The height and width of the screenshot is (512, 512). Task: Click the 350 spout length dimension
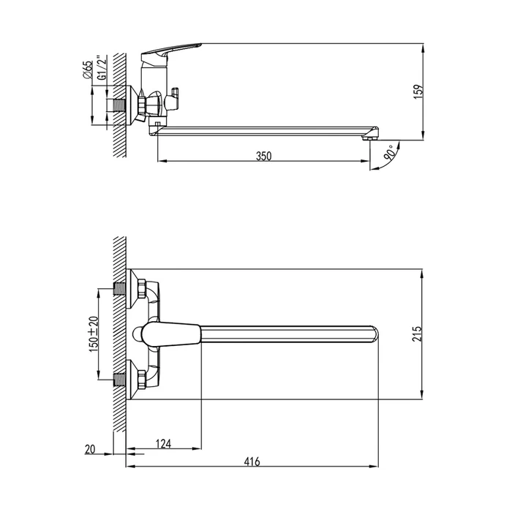(x=263, y=156)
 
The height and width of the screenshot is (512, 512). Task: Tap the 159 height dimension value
(x=418, y=92)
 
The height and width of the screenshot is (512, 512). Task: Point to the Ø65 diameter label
(x=88, y=69)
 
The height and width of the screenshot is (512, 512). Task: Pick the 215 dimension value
(x=417, y=334)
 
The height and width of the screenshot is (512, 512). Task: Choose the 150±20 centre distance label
(x=94, y=334)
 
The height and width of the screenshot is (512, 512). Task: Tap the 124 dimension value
(x=163, y=444)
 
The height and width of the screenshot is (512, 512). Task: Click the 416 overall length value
(x=252, y=462)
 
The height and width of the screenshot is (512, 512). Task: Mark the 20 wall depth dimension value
(x=90, y=449)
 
